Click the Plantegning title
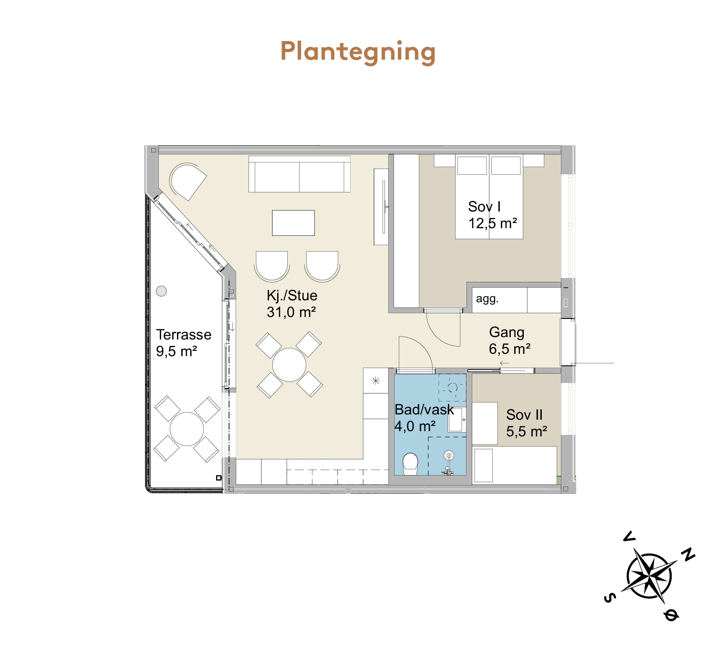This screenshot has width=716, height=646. click(358, 52)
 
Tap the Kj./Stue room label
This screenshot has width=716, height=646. click(292, 296)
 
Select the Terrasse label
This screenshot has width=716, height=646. click(184, 335)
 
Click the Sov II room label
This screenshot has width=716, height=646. click(524, 414)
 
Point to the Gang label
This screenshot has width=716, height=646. click(507, 332)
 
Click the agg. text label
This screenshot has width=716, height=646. click(487, 299)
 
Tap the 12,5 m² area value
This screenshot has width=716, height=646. click(493, 223)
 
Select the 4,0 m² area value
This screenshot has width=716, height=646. click(415, 426)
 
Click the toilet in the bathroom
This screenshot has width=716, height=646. click(410, 464)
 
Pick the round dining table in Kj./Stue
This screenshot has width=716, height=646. click(289, 365)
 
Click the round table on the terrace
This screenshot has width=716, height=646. click(187, 429)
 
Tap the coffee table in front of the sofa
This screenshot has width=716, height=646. click(293, 223)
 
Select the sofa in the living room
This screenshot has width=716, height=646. click(300, 174)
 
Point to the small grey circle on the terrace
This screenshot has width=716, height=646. click(162, 291)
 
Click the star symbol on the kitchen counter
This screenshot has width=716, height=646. click(376, 381)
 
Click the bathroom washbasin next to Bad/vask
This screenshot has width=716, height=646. click(457, 420)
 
